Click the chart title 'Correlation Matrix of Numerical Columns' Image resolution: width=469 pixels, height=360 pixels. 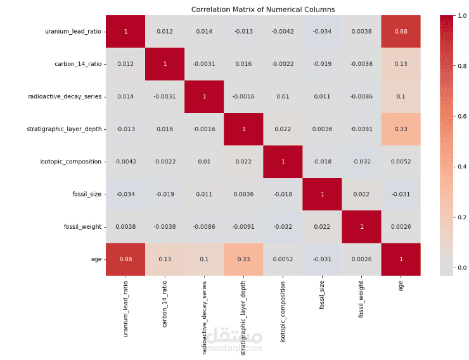[x=263, y=9]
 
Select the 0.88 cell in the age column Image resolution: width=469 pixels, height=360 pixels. [x=401, y=31]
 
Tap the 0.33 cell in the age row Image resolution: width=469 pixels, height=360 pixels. [x=243, y=259]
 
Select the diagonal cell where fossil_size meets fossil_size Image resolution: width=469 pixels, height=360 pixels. [x=322, y=194]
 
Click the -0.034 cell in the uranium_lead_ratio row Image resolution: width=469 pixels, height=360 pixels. [x=322, y=31]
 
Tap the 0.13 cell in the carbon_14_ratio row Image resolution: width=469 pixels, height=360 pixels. [x=401, y=64]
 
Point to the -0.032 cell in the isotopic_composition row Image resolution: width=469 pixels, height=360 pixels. [x=361, y=162]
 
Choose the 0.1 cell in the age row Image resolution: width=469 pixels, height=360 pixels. [x=204, y=259]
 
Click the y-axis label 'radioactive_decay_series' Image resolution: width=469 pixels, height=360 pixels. [x=65, y=96]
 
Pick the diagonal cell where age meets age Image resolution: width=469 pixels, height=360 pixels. [x=401, y=259]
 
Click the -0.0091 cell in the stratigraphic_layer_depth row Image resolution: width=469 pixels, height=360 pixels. [x=361, y=129]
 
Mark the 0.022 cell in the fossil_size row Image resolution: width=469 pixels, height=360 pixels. [x=361, y=194]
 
